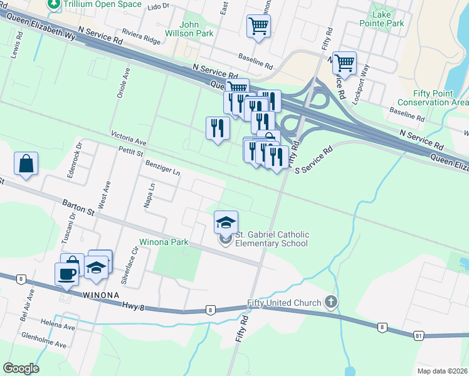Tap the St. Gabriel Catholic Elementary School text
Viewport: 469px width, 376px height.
(271, 239)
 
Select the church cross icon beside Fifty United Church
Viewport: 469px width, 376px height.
(332, 303)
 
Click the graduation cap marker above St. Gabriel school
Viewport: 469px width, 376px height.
(226, 221)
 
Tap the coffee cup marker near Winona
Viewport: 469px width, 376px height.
(66, 273)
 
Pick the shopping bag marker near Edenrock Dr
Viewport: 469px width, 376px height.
(26, 164)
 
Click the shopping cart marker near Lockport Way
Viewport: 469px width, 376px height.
(344, 63)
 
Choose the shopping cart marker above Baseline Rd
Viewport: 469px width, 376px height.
(258, 26)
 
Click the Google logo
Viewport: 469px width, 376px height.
(21, 368)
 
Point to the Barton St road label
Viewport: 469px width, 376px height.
(78, 207)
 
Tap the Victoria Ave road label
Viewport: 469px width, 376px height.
(129, 138)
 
